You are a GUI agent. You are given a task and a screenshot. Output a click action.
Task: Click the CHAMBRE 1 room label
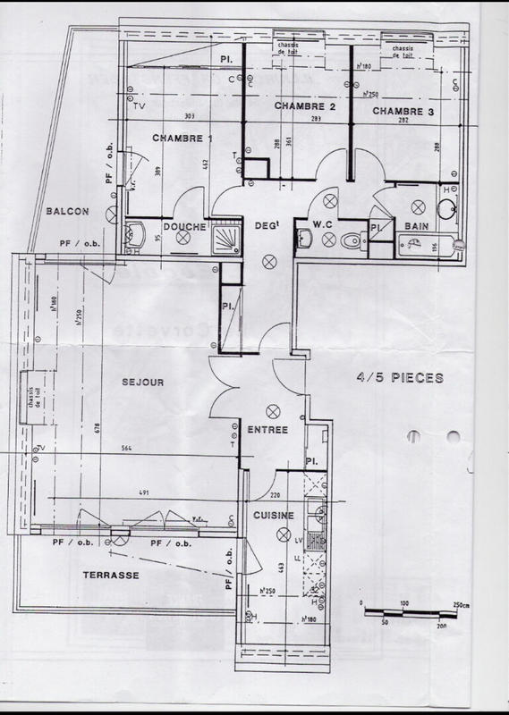182,139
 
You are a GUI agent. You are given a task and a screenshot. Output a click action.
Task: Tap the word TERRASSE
106,576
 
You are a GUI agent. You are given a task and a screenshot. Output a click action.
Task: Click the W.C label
323,223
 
